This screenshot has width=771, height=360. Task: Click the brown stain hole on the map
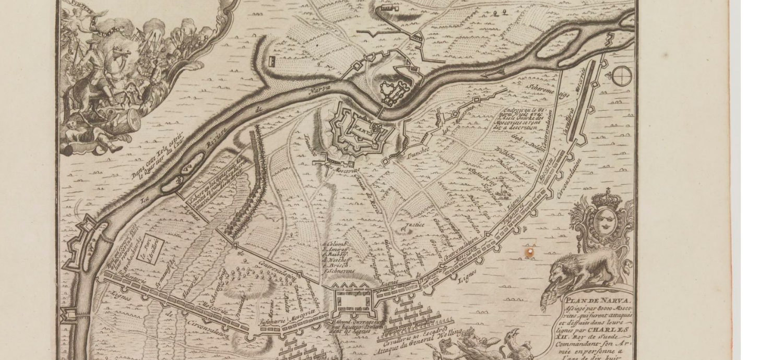coord(530,253)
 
